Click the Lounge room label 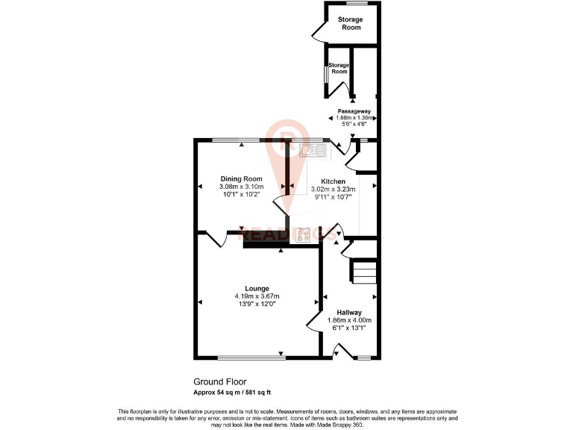pos(257,288)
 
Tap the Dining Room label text pos(241,178)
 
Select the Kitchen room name pos(333,181)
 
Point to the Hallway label pos(348,312)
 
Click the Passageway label pos(353,110)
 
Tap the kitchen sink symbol pos(313,150)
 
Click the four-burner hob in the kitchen pos(304,234)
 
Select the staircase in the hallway pos(364,271)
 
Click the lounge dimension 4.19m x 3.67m pos(257,296)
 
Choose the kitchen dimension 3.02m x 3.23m pos(333,190)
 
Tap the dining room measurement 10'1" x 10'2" pos(241,194)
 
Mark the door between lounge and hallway pos(314,322)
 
